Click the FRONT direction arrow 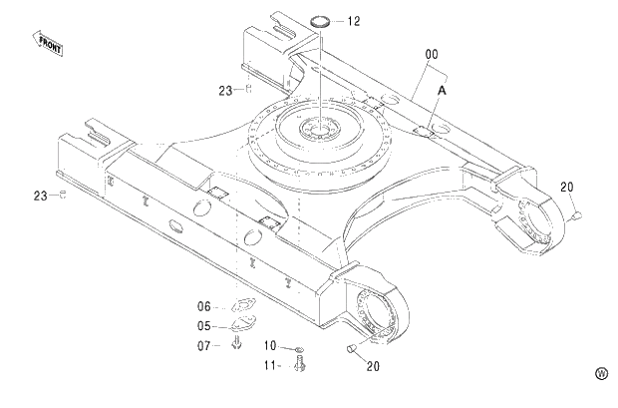(47, 42)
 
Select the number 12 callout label (354, 21)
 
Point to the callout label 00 (432, 53)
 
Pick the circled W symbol (601, 373)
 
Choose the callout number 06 (203, 307)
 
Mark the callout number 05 (203, 325)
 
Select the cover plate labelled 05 (240, 324)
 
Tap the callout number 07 (203, 345)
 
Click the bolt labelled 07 (237, 343)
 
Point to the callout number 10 (270, 345)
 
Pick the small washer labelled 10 (298, 347)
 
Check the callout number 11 (270, 365)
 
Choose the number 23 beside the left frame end (40, 195)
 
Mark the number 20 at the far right (567, 187)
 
